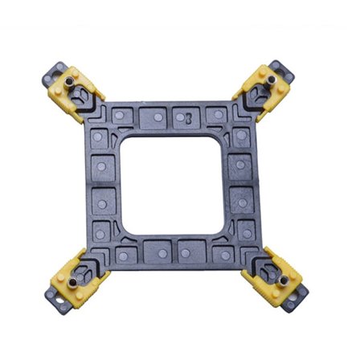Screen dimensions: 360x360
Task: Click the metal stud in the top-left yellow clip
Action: coord(70,80)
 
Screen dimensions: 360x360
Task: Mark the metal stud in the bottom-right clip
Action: coord(284,280)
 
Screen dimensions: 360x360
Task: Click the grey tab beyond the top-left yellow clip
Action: coord(52,72)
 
